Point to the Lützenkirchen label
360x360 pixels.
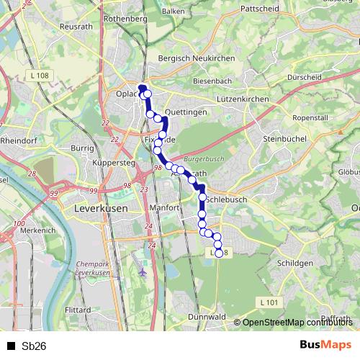pos(243,98)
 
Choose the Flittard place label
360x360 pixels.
pos(78,310)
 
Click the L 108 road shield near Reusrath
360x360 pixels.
pos(40,76)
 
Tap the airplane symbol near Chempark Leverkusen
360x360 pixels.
pos(143,273)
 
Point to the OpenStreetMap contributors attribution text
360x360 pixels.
pos(295,323)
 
